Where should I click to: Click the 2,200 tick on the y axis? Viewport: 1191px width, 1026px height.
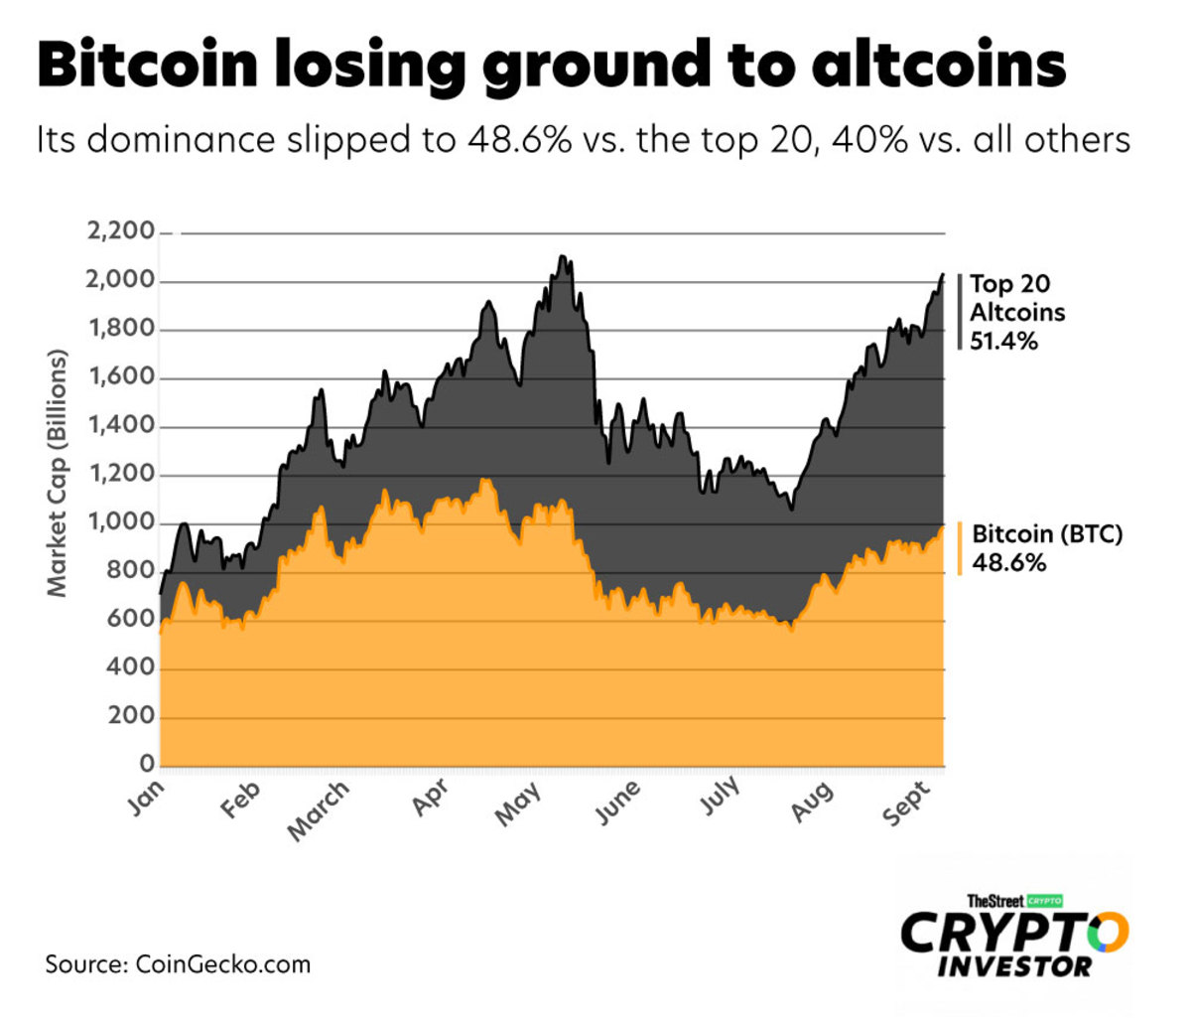tap(121, 232)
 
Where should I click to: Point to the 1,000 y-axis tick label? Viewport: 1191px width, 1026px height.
tap(121, 522)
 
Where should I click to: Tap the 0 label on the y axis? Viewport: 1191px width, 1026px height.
tap(146, 765)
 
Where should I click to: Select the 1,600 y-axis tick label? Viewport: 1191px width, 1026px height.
tap(121, 377)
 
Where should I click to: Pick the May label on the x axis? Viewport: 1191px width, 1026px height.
tap(517, 804)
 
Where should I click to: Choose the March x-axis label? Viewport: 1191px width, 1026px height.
tap(319, 809)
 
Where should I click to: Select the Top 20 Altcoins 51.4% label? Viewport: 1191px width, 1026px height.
tap(1016, 312)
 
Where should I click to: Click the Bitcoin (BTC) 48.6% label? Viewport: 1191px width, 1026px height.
tap(1045, 548)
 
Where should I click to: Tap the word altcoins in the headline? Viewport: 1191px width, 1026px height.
tap(938, 66)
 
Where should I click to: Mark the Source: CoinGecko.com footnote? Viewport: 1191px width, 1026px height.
tap(178, 963)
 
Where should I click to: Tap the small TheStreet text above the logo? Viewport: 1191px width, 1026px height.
tap(994, 901)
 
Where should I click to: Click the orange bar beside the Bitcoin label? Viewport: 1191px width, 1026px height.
tap(960, 548)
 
